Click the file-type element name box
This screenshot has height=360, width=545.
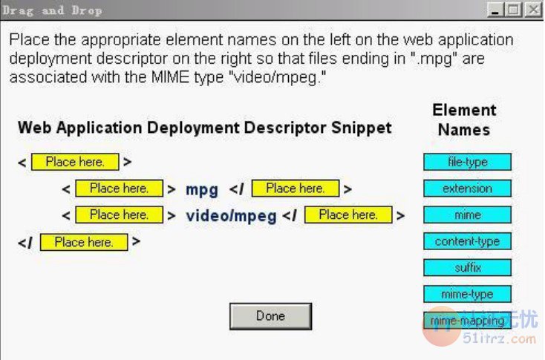click(x=467, y=162)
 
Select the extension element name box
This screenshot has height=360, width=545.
click(x=467, y=189)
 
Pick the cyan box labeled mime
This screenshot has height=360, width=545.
click(x=467, y=215)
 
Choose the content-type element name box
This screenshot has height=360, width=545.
click(x=467, y=241)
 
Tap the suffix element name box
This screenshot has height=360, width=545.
click(x=467, y=267)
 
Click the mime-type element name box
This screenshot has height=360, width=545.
click(x=467, y=294)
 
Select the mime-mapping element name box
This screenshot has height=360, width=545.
click(x=467, y=321)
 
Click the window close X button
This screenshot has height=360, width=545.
click(x=533, y=10)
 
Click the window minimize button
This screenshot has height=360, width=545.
click(x=496, y=10)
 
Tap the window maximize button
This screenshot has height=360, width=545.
click(x=514, y=10)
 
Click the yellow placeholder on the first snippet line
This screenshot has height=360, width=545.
click(x=75, y=162)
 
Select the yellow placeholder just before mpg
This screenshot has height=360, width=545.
click(x=120, y=189)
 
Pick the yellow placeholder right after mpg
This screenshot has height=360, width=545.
click(x=296, y=189)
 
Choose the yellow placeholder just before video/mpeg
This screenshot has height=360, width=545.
click(x=120, y=215)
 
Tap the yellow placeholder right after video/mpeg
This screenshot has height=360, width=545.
click(x=348, y=215)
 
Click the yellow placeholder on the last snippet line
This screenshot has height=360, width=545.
click(x=84, y=242)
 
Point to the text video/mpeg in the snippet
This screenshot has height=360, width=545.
click(x=232, y=216)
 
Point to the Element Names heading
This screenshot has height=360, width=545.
click(x=464, y=120)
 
